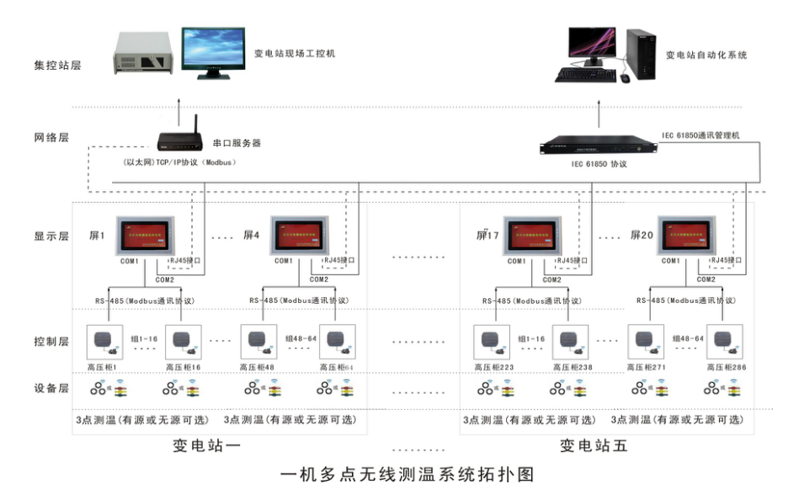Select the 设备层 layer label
[51, 389]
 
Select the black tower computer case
[640, 56]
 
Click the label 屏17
[487, 236]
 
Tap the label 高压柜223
[491, 367]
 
